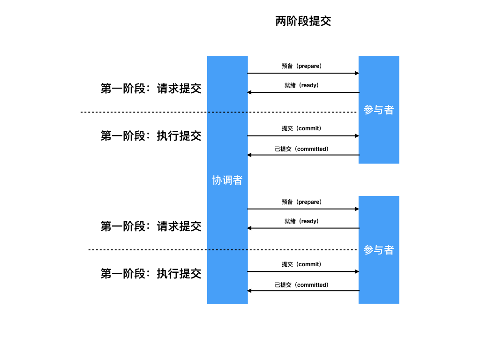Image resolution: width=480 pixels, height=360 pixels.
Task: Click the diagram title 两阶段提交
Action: click(303, 22)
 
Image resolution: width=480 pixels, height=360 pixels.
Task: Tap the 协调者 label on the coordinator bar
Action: click(227, 180)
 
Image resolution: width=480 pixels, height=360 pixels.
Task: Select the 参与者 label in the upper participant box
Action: click(379, 110)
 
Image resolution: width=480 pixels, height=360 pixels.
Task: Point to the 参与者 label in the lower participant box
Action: click(379, 250)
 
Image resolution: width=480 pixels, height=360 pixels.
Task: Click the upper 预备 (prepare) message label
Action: click(302, 66)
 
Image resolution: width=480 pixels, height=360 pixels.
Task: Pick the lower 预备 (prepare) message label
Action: click(302, 202)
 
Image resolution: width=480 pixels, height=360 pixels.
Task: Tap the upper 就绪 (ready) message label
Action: click(302, 85)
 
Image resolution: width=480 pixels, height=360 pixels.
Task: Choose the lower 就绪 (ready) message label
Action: click(302, 221)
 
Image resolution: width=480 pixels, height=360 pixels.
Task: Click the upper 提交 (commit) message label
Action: click(302, 128)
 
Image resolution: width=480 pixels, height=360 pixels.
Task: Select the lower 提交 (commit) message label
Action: click(302, 264)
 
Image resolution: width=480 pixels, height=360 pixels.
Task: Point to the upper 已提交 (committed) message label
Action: click(302, 149)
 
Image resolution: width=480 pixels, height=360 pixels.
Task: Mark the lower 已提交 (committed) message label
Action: click(302, 285)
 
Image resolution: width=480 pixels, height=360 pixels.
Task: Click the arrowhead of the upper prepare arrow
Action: click(357, 73)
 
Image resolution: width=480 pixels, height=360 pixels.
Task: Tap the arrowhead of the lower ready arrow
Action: click(250, 228)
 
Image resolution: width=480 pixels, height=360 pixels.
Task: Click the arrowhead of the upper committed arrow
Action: click(250, 155)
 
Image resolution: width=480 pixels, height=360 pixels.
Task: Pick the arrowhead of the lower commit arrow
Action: click(357, 271)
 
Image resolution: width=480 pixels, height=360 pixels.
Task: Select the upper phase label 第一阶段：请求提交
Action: click(151, 89)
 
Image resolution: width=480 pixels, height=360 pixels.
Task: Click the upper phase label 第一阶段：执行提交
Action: click(151, 136)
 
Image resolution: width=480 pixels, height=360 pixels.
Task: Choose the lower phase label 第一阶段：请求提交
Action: click(151, 226)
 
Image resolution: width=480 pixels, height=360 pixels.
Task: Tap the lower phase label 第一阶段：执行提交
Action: click(151, 274)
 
